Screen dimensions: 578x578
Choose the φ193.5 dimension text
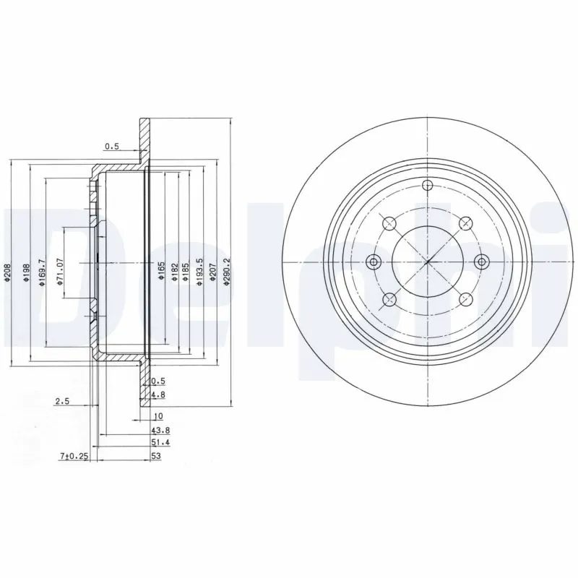tap(197, 273)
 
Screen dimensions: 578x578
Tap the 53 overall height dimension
tap(155, 456)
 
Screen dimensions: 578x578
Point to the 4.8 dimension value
tap(157, 394)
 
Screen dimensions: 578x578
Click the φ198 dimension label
tap(26, 273)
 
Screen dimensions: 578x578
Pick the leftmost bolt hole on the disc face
tap(373, 261)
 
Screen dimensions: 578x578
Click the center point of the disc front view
tap(428, 261)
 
